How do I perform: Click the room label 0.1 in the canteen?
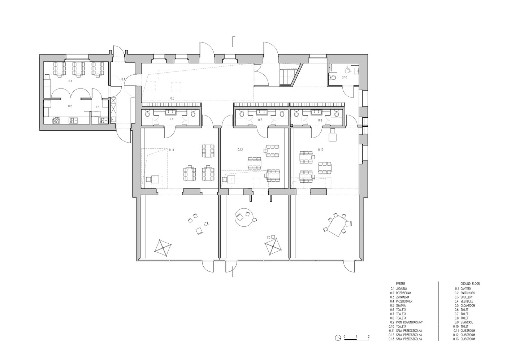70,82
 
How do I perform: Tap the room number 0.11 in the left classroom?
172,149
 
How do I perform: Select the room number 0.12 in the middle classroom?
240,149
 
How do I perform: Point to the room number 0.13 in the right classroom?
321,149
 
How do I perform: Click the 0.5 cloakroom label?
172,98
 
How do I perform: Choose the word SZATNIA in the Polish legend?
401,305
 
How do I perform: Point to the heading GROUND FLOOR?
470,284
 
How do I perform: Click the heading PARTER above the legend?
400,284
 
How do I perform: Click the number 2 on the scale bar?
368,336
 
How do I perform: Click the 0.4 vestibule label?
123,79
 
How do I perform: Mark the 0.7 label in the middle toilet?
260,119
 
